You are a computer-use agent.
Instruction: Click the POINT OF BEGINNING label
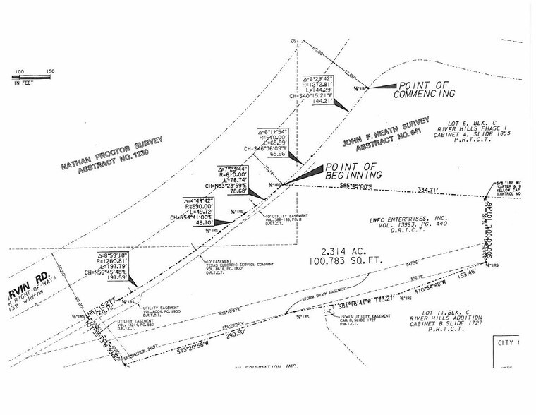[353, 171]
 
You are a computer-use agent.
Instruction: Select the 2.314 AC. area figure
[341, 251]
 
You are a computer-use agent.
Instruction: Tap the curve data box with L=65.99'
[276, 142]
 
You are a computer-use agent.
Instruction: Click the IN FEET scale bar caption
[25, 83]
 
